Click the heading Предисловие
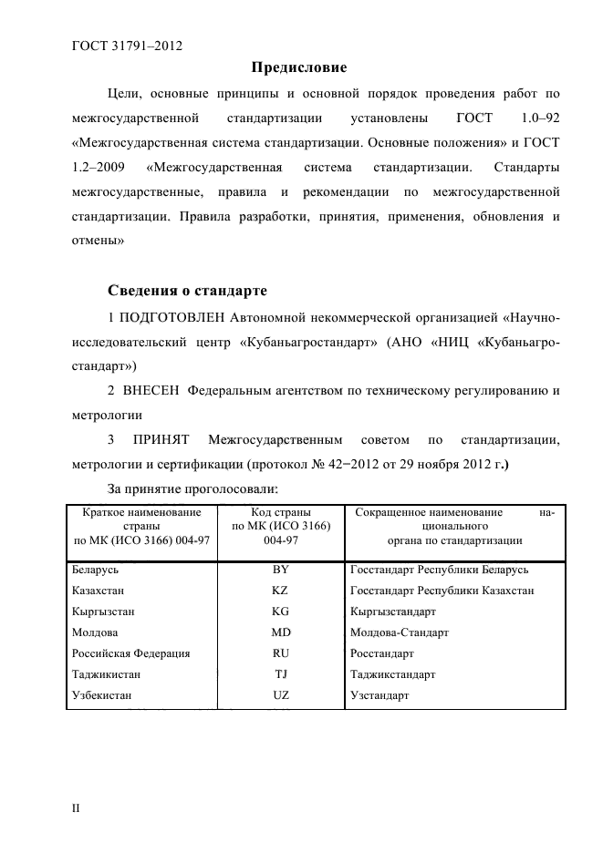299,67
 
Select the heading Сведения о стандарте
187,292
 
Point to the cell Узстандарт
379,695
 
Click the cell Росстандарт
381,653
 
